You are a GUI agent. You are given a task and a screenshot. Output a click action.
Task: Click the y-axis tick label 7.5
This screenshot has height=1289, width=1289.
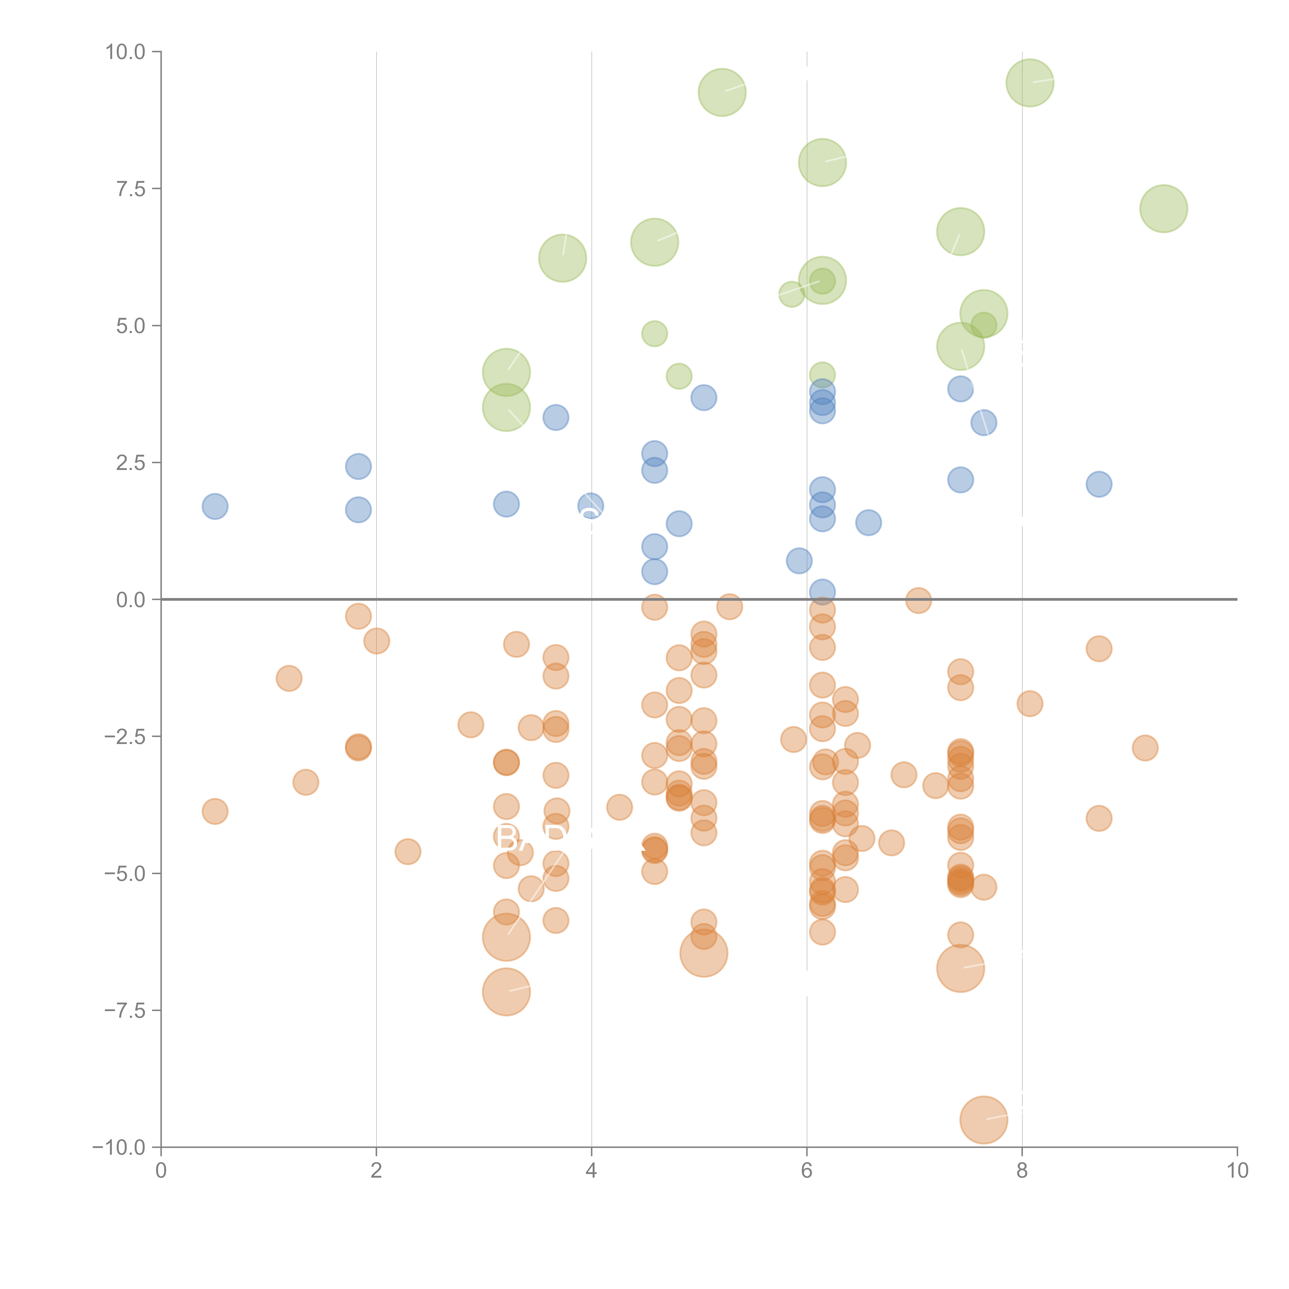[x=130, y=189]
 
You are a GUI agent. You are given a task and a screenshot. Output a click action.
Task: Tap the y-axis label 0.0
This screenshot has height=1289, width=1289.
[x=130, y=600]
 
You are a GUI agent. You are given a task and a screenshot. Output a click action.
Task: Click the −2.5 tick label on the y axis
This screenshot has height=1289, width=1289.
[x=124, y=737]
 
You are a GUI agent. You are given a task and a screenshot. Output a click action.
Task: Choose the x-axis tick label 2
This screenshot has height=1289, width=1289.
[x=376, y=1170]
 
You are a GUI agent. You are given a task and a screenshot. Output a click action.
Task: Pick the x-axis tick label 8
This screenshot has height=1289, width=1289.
[x=1022, y=1170]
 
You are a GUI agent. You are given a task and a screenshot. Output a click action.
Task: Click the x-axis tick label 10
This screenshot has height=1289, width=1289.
[x=1237, y=1170]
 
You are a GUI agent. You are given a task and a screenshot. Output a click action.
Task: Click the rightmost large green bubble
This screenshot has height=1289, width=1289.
[x=1163, y=208]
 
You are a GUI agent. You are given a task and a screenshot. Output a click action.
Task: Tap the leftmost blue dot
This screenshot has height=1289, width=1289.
[x=215, y=506]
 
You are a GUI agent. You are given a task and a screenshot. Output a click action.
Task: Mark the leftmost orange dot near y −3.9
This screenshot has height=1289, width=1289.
[x=215, y=811]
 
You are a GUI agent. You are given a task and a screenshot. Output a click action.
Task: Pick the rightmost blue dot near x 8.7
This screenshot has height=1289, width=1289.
[x=1099, y=484]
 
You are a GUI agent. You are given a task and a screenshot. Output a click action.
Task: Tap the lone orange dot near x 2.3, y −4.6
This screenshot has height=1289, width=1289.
[x=408, y=851]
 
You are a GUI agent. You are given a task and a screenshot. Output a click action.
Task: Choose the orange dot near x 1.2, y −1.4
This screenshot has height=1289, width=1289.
[x=289, y=679]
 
